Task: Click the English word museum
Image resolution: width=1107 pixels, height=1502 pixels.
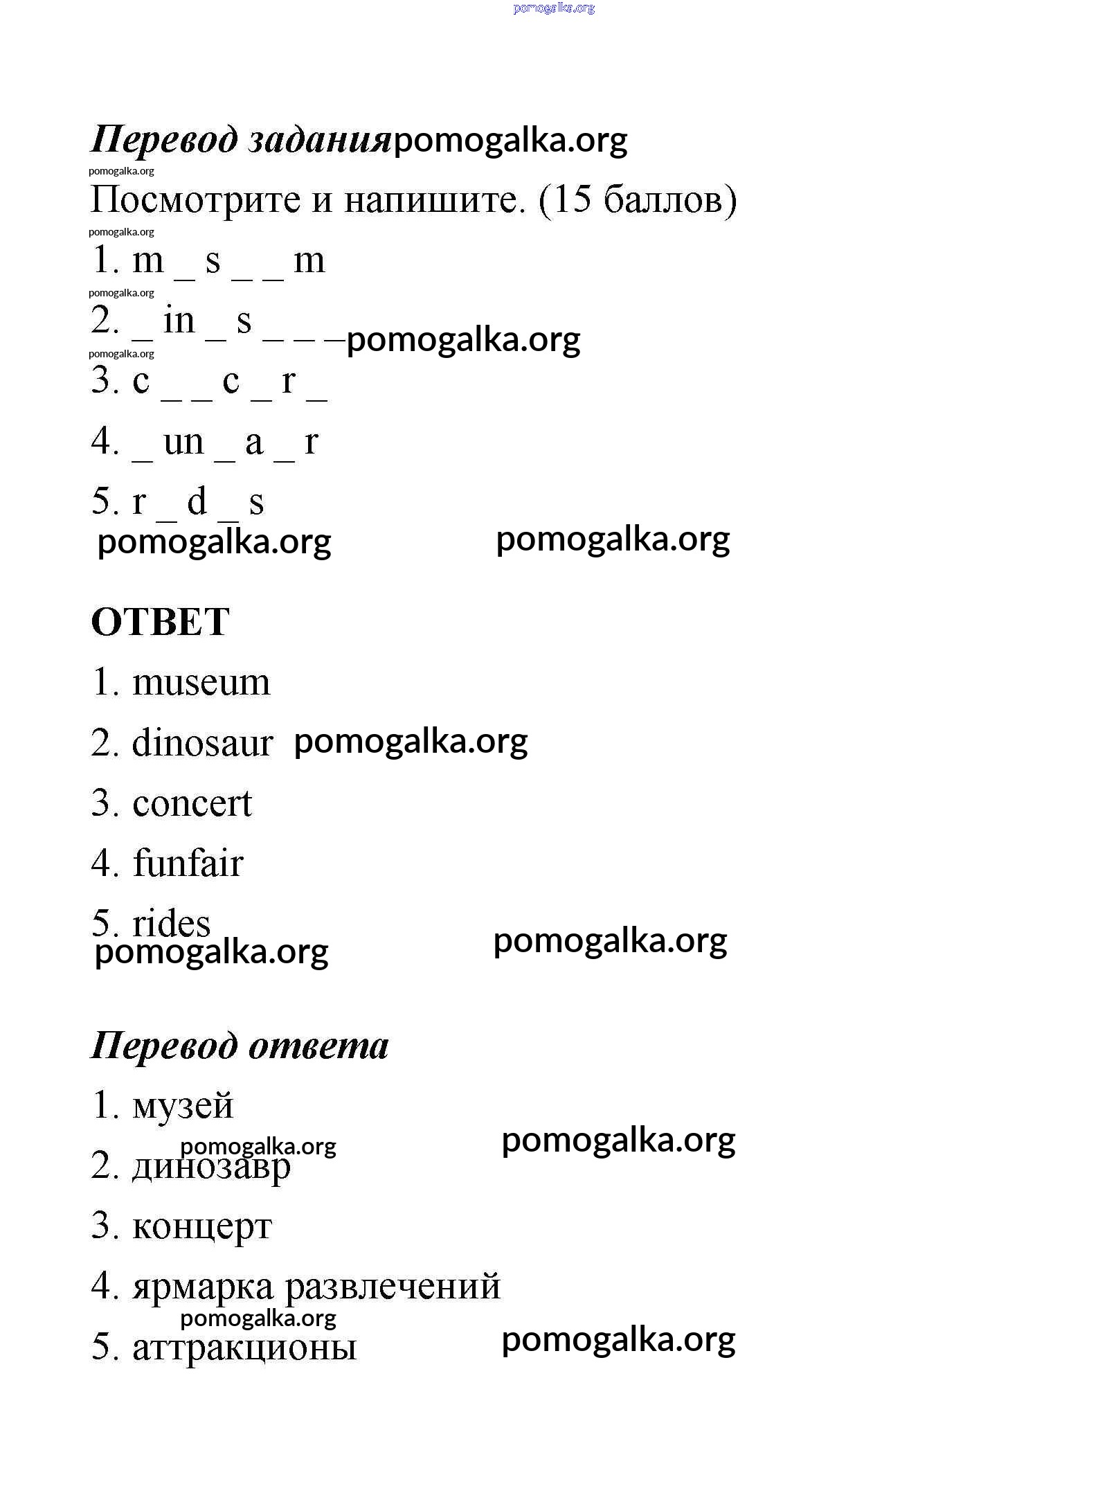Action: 201,683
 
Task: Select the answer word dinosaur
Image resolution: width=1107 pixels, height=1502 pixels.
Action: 202,743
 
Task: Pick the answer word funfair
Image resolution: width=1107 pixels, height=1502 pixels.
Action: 188,864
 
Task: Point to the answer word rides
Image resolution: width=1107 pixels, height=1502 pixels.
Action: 171,923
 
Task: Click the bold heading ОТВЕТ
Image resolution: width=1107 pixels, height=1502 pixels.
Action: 160,622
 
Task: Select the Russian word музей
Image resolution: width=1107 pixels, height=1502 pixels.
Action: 183,1106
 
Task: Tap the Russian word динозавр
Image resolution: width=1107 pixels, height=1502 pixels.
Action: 211,1167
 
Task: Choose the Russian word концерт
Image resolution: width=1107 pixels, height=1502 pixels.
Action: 201,1227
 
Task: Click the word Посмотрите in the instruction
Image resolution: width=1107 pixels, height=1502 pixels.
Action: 196,200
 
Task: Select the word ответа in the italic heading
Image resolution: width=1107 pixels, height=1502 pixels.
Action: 318,1046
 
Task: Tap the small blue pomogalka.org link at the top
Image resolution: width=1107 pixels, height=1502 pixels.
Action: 554,8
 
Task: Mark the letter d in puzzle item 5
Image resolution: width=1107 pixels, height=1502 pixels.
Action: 197,501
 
